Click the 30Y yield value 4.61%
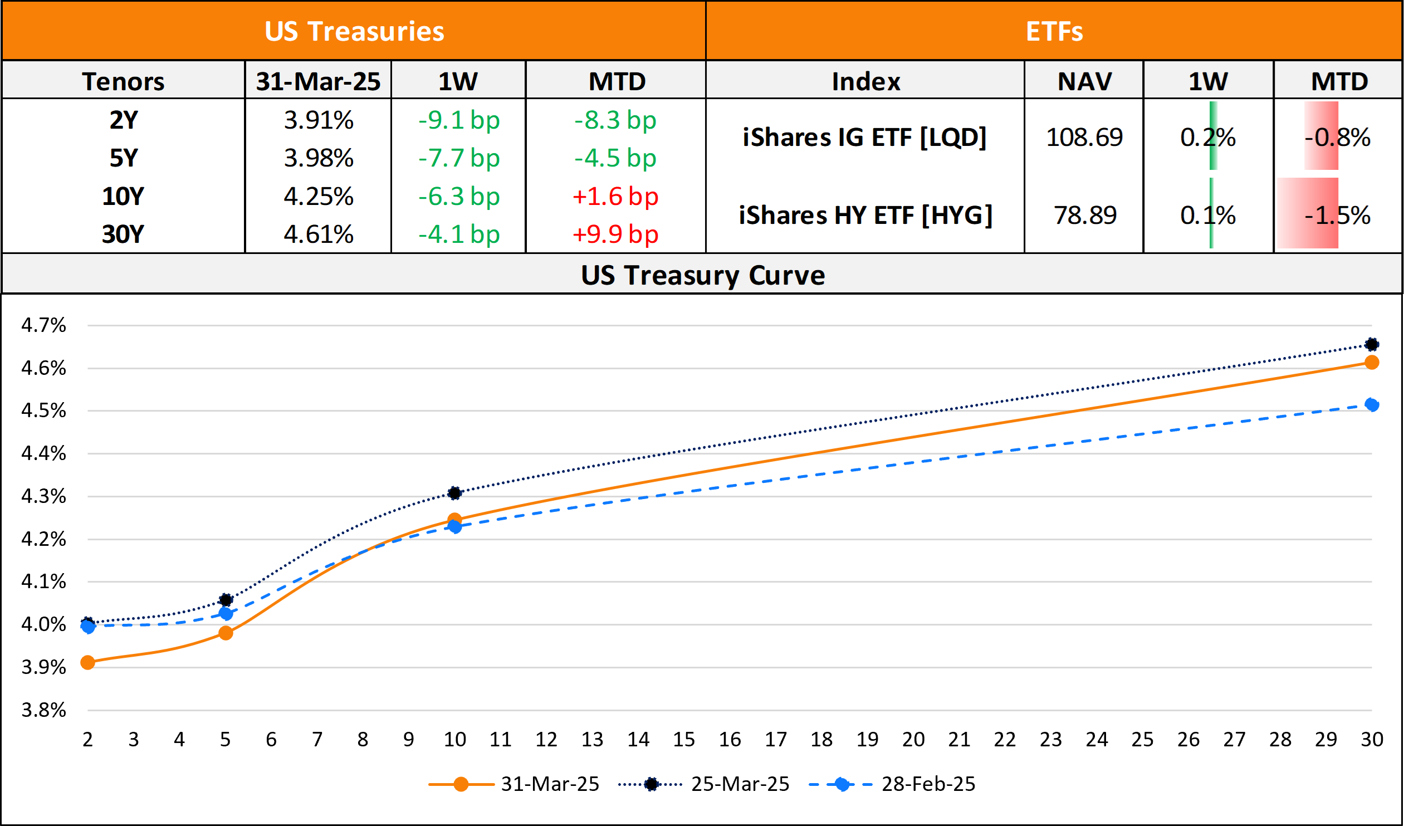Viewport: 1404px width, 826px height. [318, 234]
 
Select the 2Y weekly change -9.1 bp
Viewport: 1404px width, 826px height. [459, 120]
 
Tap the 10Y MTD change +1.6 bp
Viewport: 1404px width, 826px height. [615, 196]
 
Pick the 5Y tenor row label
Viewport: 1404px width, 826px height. [123, 158]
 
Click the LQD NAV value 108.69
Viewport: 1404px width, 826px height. [1084, 137]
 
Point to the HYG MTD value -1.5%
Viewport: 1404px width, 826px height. [1338, 215]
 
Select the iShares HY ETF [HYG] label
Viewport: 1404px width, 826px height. [866, 215]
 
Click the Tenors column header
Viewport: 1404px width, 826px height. [123, 81]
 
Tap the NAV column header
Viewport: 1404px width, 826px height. [1084, 81]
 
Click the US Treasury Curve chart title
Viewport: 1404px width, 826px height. [703, 275]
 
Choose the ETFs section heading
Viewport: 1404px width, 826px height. [1054, 31]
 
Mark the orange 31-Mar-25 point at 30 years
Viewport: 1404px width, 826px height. [1372, 362]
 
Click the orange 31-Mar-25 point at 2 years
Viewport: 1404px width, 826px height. [87, 662]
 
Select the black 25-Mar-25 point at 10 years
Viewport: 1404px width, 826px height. [454, 493]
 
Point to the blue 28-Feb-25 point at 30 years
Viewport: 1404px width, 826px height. [1372, 404]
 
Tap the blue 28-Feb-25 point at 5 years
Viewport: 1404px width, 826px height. [226, 613]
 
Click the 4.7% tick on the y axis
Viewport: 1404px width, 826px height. [43, 325]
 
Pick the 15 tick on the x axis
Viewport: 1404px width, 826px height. [684, 739]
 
